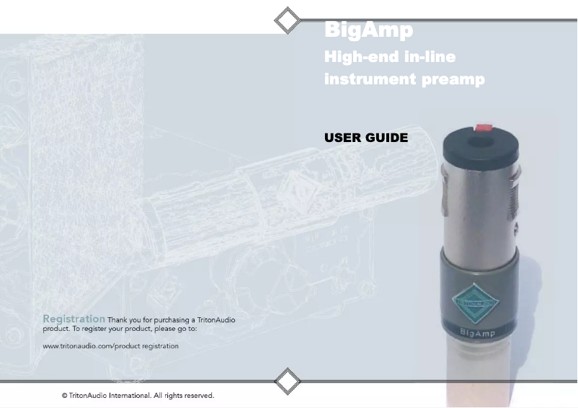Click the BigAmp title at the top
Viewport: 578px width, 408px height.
[368, 30]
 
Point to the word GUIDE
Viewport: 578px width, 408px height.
[387, 138]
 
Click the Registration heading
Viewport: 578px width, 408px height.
[74, 319]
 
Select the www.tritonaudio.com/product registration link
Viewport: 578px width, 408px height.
[111, 346]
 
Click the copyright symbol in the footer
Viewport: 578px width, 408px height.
[65, 396]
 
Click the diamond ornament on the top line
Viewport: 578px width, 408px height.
[288, 20]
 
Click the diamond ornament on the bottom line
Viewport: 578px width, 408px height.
[288, 381]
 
